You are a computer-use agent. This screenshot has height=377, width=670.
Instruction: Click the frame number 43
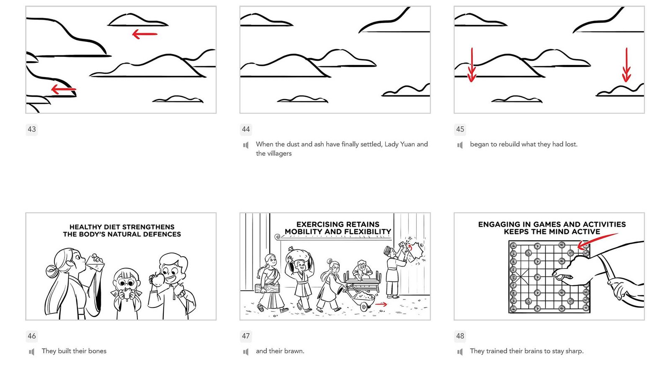pos(32,129)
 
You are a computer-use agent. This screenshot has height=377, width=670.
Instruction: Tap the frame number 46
pos(32,336)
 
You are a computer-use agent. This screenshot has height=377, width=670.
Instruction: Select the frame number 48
pos(460,336)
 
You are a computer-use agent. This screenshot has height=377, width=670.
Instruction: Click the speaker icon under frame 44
pos(246,145)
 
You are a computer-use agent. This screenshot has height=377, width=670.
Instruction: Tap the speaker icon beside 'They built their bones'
pos(32,352)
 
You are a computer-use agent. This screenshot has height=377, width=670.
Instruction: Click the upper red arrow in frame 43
pos(145,34)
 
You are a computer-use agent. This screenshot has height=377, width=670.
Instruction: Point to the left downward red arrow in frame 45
pos(472,65)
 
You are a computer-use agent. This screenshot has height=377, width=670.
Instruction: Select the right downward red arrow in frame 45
pos(626,65)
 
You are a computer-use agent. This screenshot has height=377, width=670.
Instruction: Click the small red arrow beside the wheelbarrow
pos(381,304)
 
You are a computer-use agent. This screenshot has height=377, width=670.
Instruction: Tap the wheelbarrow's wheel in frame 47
pos(364,307)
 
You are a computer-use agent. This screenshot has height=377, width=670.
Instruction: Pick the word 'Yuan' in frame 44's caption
pos(407,144)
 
